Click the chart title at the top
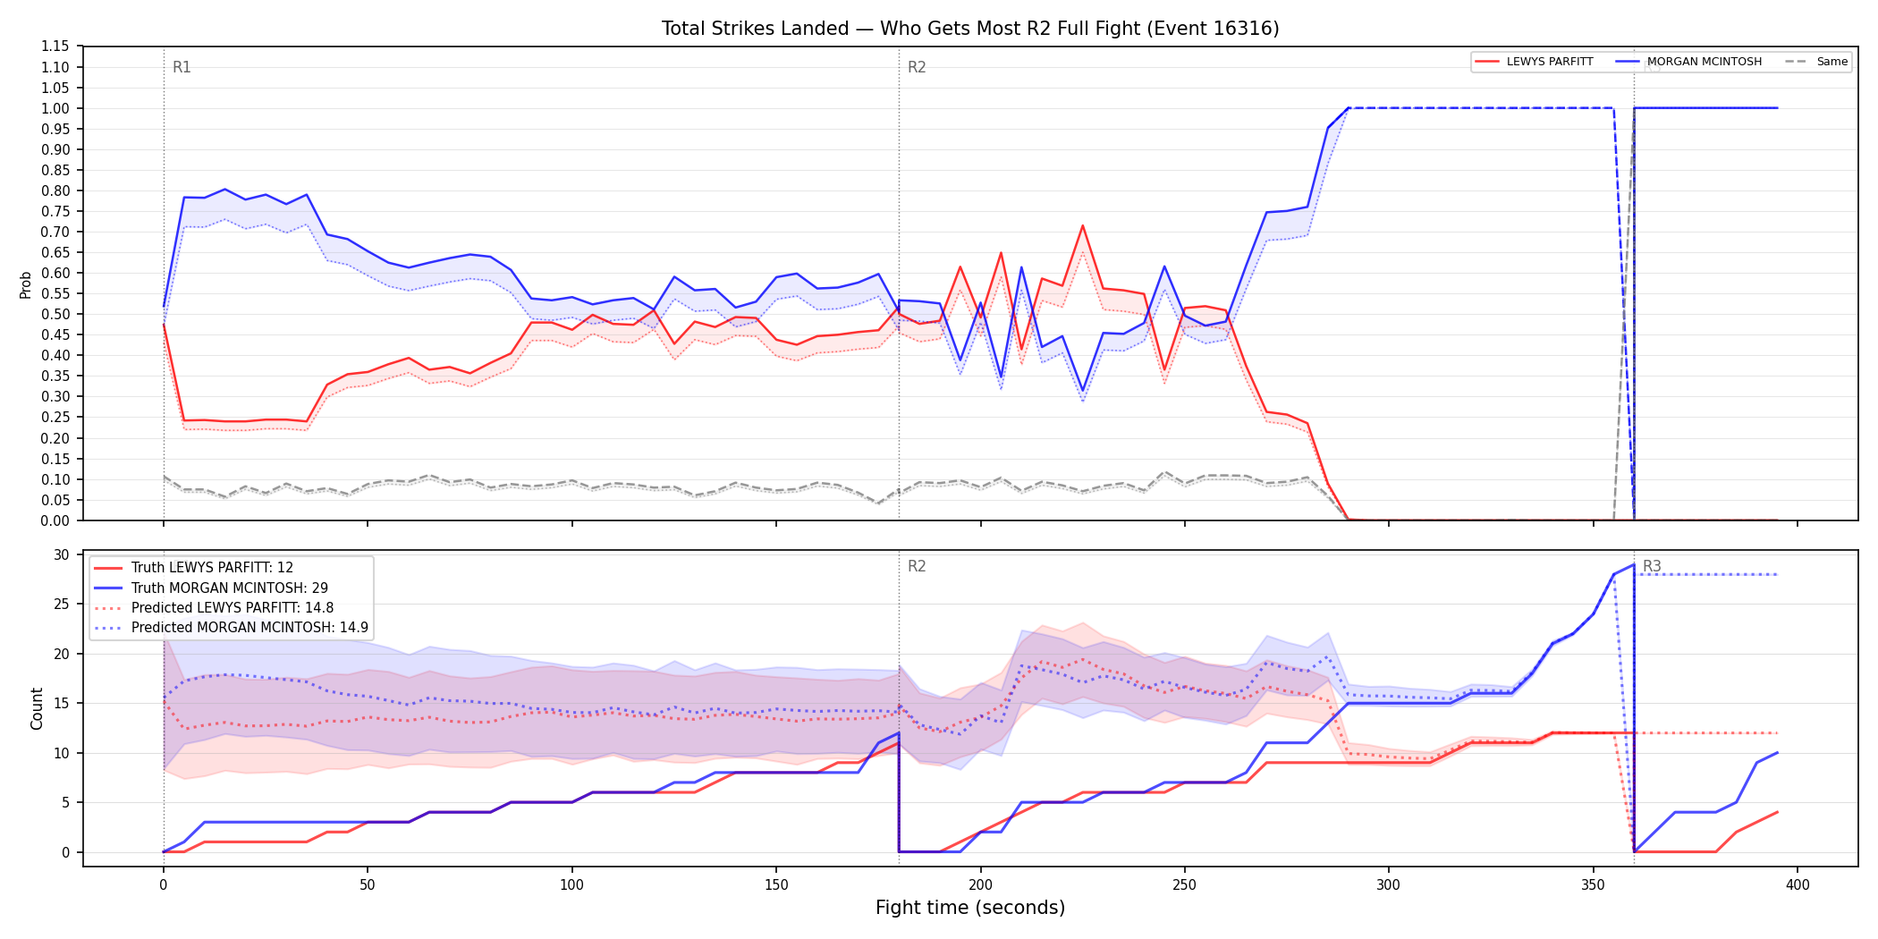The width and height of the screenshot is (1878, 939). (x=970, y=29)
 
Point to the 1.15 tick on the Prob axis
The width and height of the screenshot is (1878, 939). (x=55, y=47)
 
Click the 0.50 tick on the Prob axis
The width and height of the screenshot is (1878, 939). (x=55, y=314)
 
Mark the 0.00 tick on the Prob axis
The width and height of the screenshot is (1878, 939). (x=55, y=520)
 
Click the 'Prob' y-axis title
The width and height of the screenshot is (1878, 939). (x=26, y=284)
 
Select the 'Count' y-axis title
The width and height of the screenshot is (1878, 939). (x=37, y=708)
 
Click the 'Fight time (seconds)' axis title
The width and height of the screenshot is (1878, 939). (x=970, y=908)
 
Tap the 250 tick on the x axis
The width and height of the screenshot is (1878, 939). (x=1185, y=885)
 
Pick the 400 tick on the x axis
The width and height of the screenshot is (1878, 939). (x=1798, y=885)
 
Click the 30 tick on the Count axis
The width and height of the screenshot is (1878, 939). (x=61, y=554)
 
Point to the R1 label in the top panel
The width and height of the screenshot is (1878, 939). (x=182, y=67)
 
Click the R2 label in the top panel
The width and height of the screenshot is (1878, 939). (x=917, y=67)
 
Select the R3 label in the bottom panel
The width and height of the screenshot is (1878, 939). (x=1652, y=566)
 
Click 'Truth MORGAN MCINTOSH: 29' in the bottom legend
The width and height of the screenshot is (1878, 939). (x=230, y=588)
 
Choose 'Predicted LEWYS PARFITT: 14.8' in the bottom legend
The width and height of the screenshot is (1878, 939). (x=233, y=608)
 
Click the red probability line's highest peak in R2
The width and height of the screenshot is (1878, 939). (x=1082, y=225)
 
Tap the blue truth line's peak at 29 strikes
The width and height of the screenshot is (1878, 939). (x=1633, y=564)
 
